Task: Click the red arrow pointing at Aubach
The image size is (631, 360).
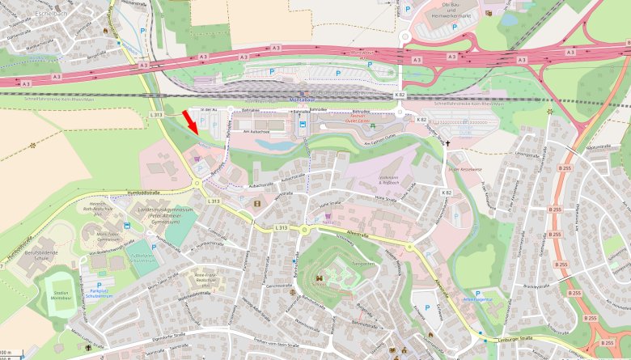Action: pos(189,121)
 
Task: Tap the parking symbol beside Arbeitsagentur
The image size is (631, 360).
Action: pos(476,293)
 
